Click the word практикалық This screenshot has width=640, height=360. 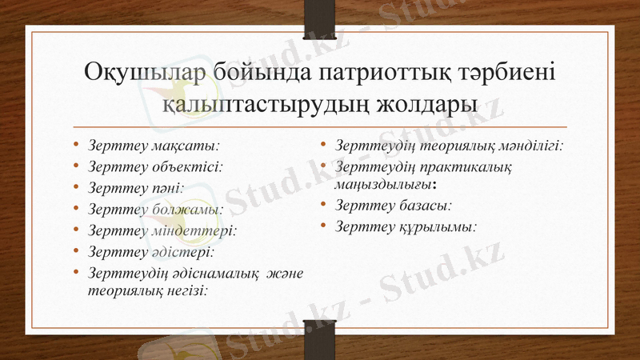[x=472, y=168]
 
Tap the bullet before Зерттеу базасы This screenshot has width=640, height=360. [x=323, y=206]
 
